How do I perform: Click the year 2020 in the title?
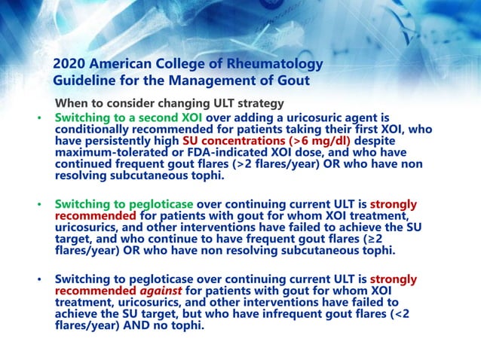click(x=72, y=65)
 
